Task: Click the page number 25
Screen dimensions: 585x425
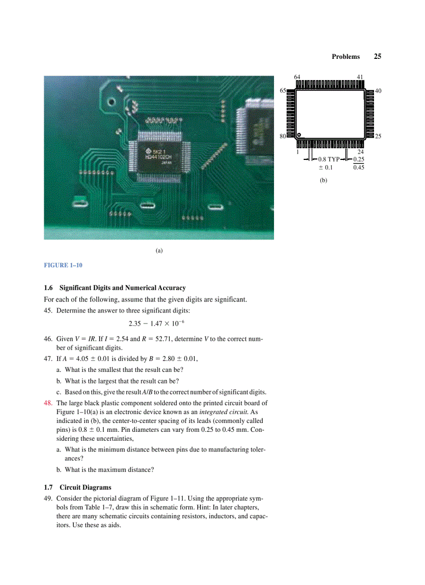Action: (x=378, y=56)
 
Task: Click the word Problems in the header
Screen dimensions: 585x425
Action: (x=345, y=57)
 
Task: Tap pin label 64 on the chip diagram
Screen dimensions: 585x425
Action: (x=297, y=77)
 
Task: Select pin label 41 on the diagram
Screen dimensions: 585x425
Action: (x=360, y=77)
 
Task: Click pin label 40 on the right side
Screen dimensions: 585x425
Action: (x=378, y=91)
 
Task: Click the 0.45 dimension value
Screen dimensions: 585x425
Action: (x=358, y=168)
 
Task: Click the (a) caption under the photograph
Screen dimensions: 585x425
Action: (x=159, y=251)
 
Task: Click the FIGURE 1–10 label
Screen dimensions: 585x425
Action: (x=63, y=265)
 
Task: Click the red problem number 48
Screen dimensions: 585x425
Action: (x=48, y=403)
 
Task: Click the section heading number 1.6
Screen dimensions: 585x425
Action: (x=49, y=288)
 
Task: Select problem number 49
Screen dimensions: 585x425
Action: (x=48, y=498)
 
